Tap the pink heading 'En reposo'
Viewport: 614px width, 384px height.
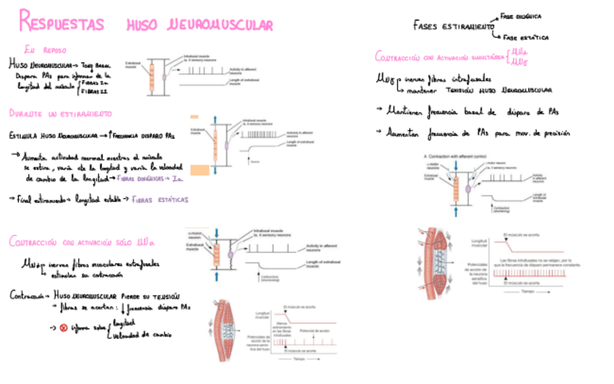tap(45, 50)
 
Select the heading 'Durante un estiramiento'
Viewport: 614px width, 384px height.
tap(60, 114)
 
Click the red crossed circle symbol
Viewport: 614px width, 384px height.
tap(62, 327)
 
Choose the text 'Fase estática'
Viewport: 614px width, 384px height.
tap(526, 37)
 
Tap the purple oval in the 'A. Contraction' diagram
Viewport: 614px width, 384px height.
tap(468, 190)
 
